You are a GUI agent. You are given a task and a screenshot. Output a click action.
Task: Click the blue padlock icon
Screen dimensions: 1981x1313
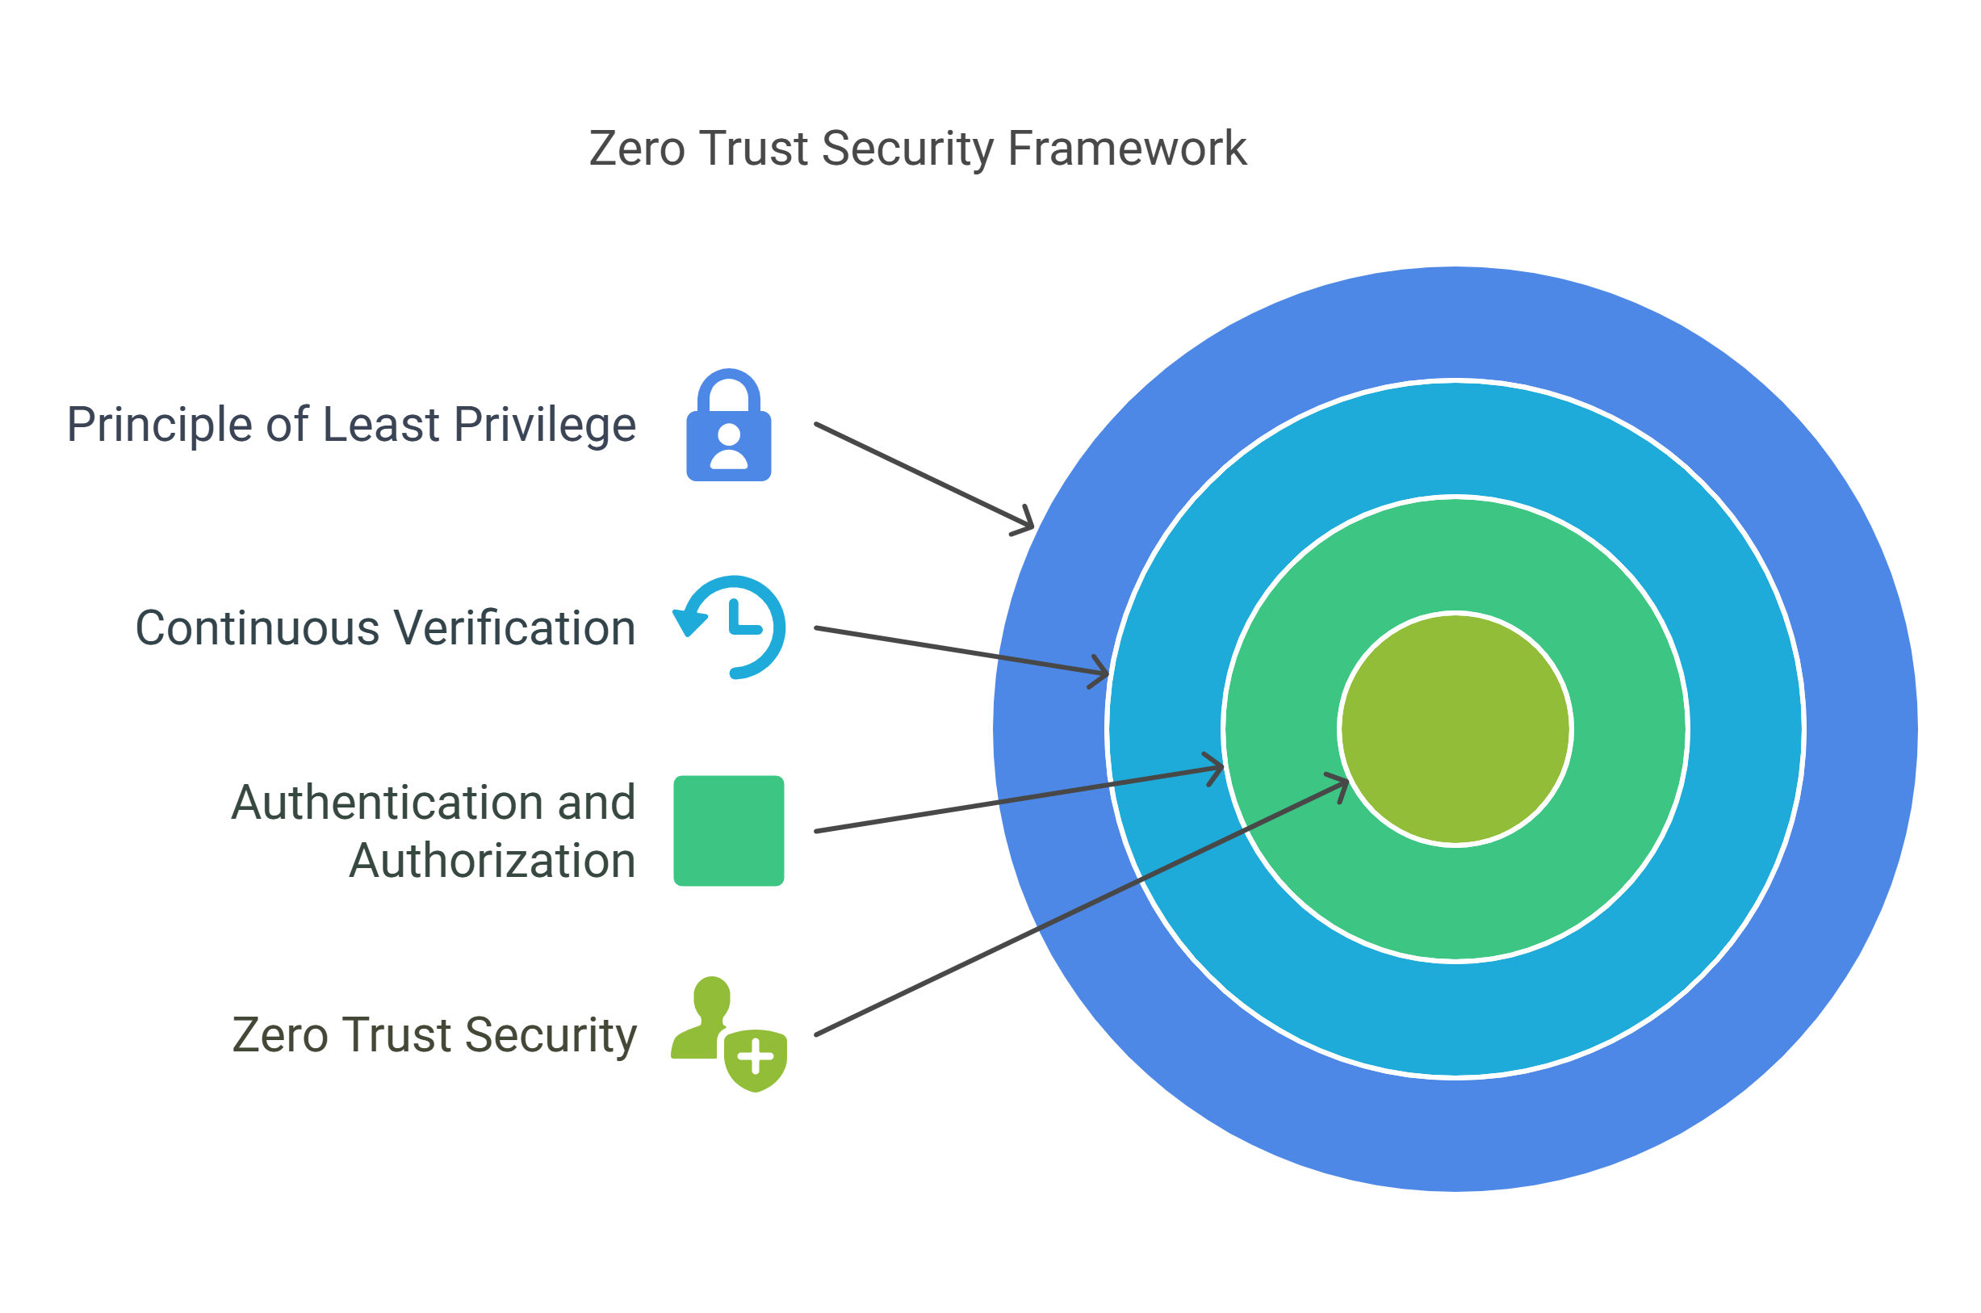tap(728, 425)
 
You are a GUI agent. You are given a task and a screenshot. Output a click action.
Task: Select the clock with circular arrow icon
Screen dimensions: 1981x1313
tap(729, 627)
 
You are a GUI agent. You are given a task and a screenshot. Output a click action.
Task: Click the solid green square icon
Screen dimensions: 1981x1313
tap(728, 831)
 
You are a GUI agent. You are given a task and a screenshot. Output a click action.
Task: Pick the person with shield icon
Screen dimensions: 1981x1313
tap(729, 1034)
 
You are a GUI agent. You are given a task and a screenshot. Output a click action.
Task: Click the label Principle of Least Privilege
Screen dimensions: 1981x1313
tap(351, 426)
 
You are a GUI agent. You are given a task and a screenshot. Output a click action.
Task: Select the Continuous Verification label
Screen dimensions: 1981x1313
tap(386, 628)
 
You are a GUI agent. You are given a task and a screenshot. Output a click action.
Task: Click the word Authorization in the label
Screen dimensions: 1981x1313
tap(493, 860)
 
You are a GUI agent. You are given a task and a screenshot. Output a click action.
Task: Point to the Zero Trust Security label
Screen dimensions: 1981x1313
tap(434, 1035)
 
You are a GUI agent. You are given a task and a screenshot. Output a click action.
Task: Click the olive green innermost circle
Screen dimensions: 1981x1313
tap(1455, 729)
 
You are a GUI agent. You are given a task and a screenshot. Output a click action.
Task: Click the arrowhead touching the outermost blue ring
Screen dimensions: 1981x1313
tap(1024, 522)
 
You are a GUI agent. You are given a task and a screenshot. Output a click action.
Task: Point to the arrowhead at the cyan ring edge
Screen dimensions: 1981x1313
tap(1099, 672)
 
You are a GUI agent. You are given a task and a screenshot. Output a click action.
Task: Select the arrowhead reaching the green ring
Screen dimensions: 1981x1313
tap(1214, 769)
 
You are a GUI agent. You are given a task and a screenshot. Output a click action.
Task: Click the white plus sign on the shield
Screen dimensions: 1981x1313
tap(755, 1055)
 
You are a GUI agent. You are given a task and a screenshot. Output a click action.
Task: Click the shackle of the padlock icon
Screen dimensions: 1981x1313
tap(728, 389)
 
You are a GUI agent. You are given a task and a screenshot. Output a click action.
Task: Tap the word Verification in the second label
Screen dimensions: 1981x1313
tap(515, 628)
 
